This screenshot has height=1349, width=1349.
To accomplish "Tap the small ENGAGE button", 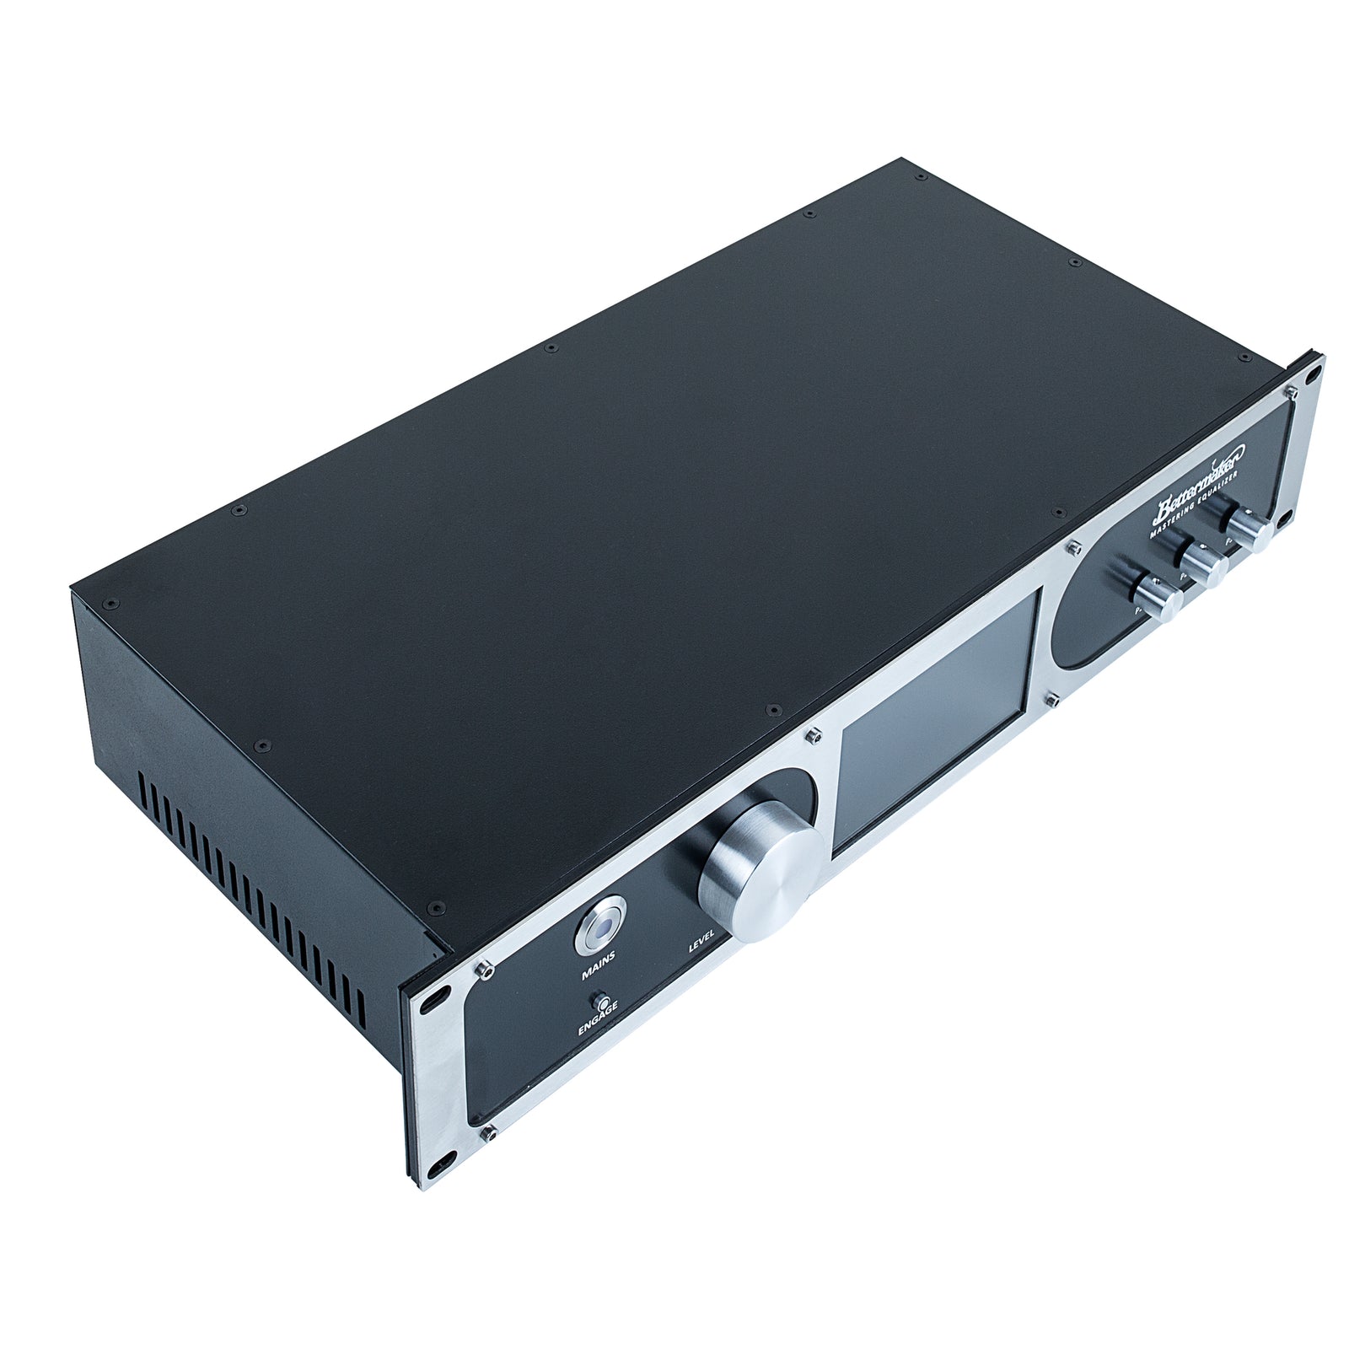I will coord(602,1002).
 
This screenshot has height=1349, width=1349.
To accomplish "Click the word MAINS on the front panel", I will coord(598,965).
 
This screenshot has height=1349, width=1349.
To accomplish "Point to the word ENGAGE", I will coord(598,1021).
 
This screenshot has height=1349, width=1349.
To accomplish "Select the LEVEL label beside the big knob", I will coord(701,941).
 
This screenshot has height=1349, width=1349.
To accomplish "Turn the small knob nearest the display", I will coord(1162,597).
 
